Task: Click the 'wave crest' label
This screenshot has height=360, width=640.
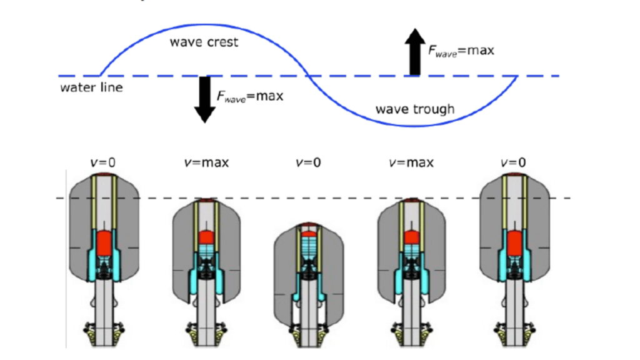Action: pos(204,42)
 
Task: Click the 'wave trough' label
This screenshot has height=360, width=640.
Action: pos(414,109)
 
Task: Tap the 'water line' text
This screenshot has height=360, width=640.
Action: pos(91,87)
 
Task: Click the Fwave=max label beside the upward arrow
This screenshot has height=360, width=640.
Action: pos(461,51)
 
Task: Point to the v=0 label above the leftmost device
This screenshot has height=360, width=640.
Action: pos(102,162)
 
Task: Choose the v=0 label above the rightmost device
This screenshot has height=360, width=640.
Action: pos(513,162)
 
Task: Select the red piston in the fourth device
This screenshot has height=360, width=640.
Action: pos(410,238)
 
